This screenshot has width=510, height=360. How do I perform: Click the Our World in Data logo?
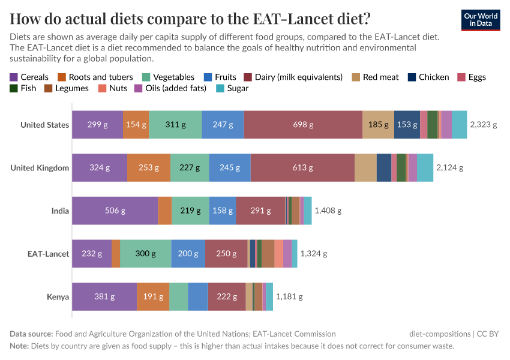[x=481, y=20]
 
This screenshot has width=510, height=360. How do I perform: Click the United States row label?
[x=44, y=125]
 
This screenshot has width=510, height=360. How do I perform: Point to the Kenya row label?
[x=58, y=296]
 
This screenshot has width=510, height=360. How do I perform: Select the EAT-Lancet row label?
[x=48, y=254]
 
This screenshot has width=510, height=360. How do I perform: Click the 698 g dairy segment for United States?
[x=303, y=125]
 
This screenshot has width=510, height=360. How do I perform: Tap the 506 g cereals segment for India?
[x=115, y=211]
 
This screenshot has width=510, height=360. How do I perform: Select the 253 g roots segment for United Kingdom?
[x=149, y=167]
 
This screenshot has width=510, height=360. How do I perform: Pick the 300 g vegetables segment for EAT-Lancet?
[x=145, y=254]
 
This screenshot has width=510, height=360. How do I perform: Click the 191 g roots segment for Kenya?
[x=152, y=296]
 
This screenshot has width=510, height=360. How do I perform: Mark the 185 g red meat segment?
[x=378, y=125]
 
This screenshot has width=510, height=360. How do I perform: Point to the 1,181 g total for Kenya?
[x=289, y=296]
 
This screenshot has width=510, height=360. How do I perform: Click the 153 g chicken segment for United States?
[x=407, y=125]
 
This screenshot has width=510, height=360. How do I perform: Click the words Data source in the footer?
[x=31, y=334]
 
